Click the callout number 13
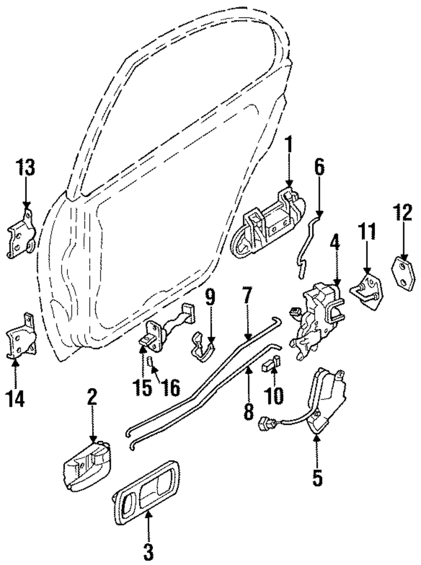click(x=26, y=168)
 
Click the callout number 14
click(x=15, y=397)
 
